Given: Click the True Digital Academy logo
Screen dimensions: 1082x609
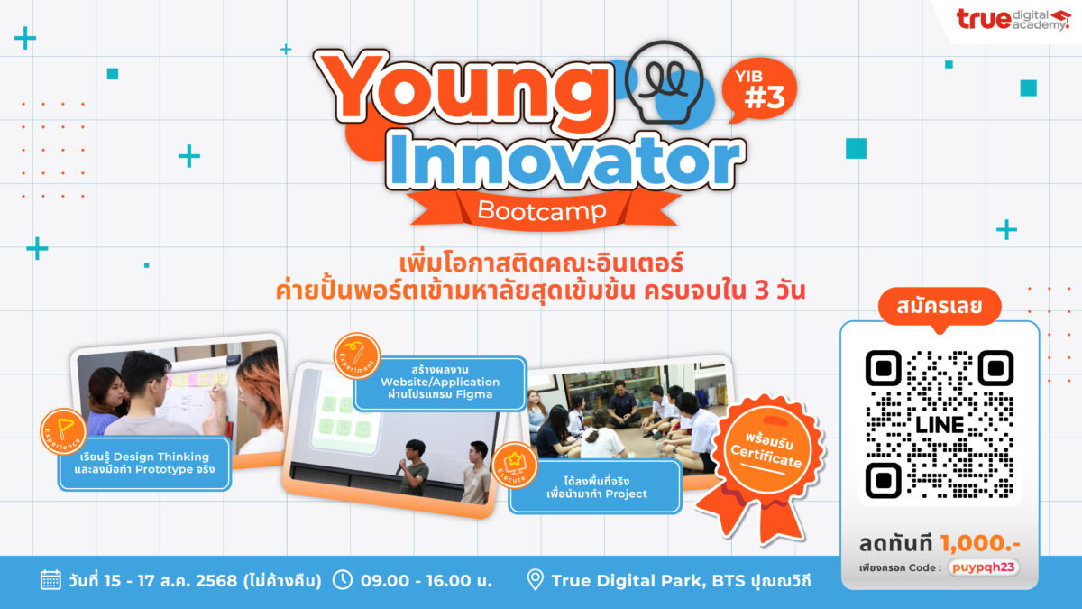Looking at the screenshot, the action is tap(1013, 20).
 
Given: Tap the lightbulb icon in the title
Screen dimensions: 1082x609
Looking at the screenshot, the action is tap(664, 81).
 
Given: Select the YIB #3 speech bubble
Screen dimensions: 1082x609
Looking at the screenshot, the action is tap(759, 90).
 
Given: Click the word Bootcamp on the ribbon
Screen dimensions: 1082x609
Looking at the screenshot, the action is tap(542, 211).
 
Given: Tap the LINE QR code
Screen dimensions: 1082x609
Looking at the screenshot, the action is tap(940, 424).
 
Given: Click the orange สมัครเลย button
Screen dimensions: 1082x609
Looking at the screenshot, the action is tap(940, 306).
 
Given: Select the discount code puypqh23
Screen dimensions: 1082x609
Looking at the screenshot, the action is tap(983, 567).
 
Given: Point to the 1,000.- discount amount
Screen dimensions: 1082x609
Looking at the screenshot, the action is tap(979, 543).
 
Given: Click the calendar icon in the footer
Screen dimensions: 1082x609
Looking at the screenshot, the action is tap(50, 580).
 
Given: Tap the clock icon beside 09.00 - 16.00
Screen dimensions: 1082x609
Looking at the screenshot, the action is tap(343, 579).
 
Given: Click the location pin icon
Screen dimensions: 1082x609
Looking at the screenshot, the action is tap(535, 580).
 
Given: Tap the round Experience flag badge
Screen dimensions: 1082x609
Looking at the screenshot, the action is tap(63, 431).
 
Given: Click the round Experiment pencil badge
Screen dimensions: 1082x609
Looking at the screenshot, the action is tap(357, 355).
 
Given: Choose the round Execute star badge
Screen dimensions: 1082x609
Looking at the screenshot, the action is tap(515, 465).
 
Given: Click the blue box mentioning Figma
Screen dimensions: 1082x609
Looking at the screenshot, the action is tap(440, 383).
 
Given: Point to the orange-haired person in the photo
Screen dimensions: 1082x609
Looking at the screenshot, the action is tap(260, 401).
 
